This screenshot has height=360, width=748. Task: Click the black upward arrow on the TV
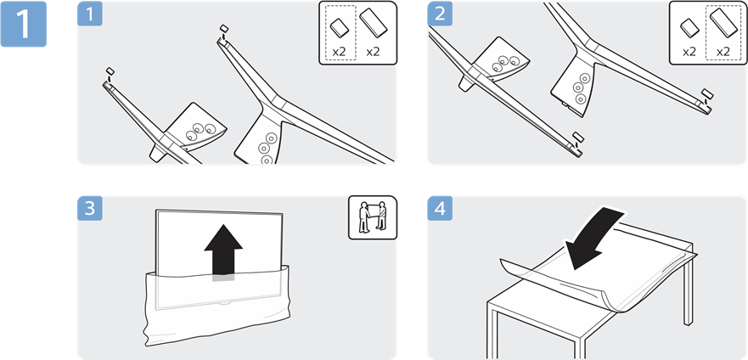click(223, 250)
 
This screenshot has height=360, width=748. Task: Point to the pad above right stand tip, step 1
click(223, 29)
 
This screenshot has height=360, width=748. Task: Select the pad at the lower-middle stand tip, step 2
click(577, 136)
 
